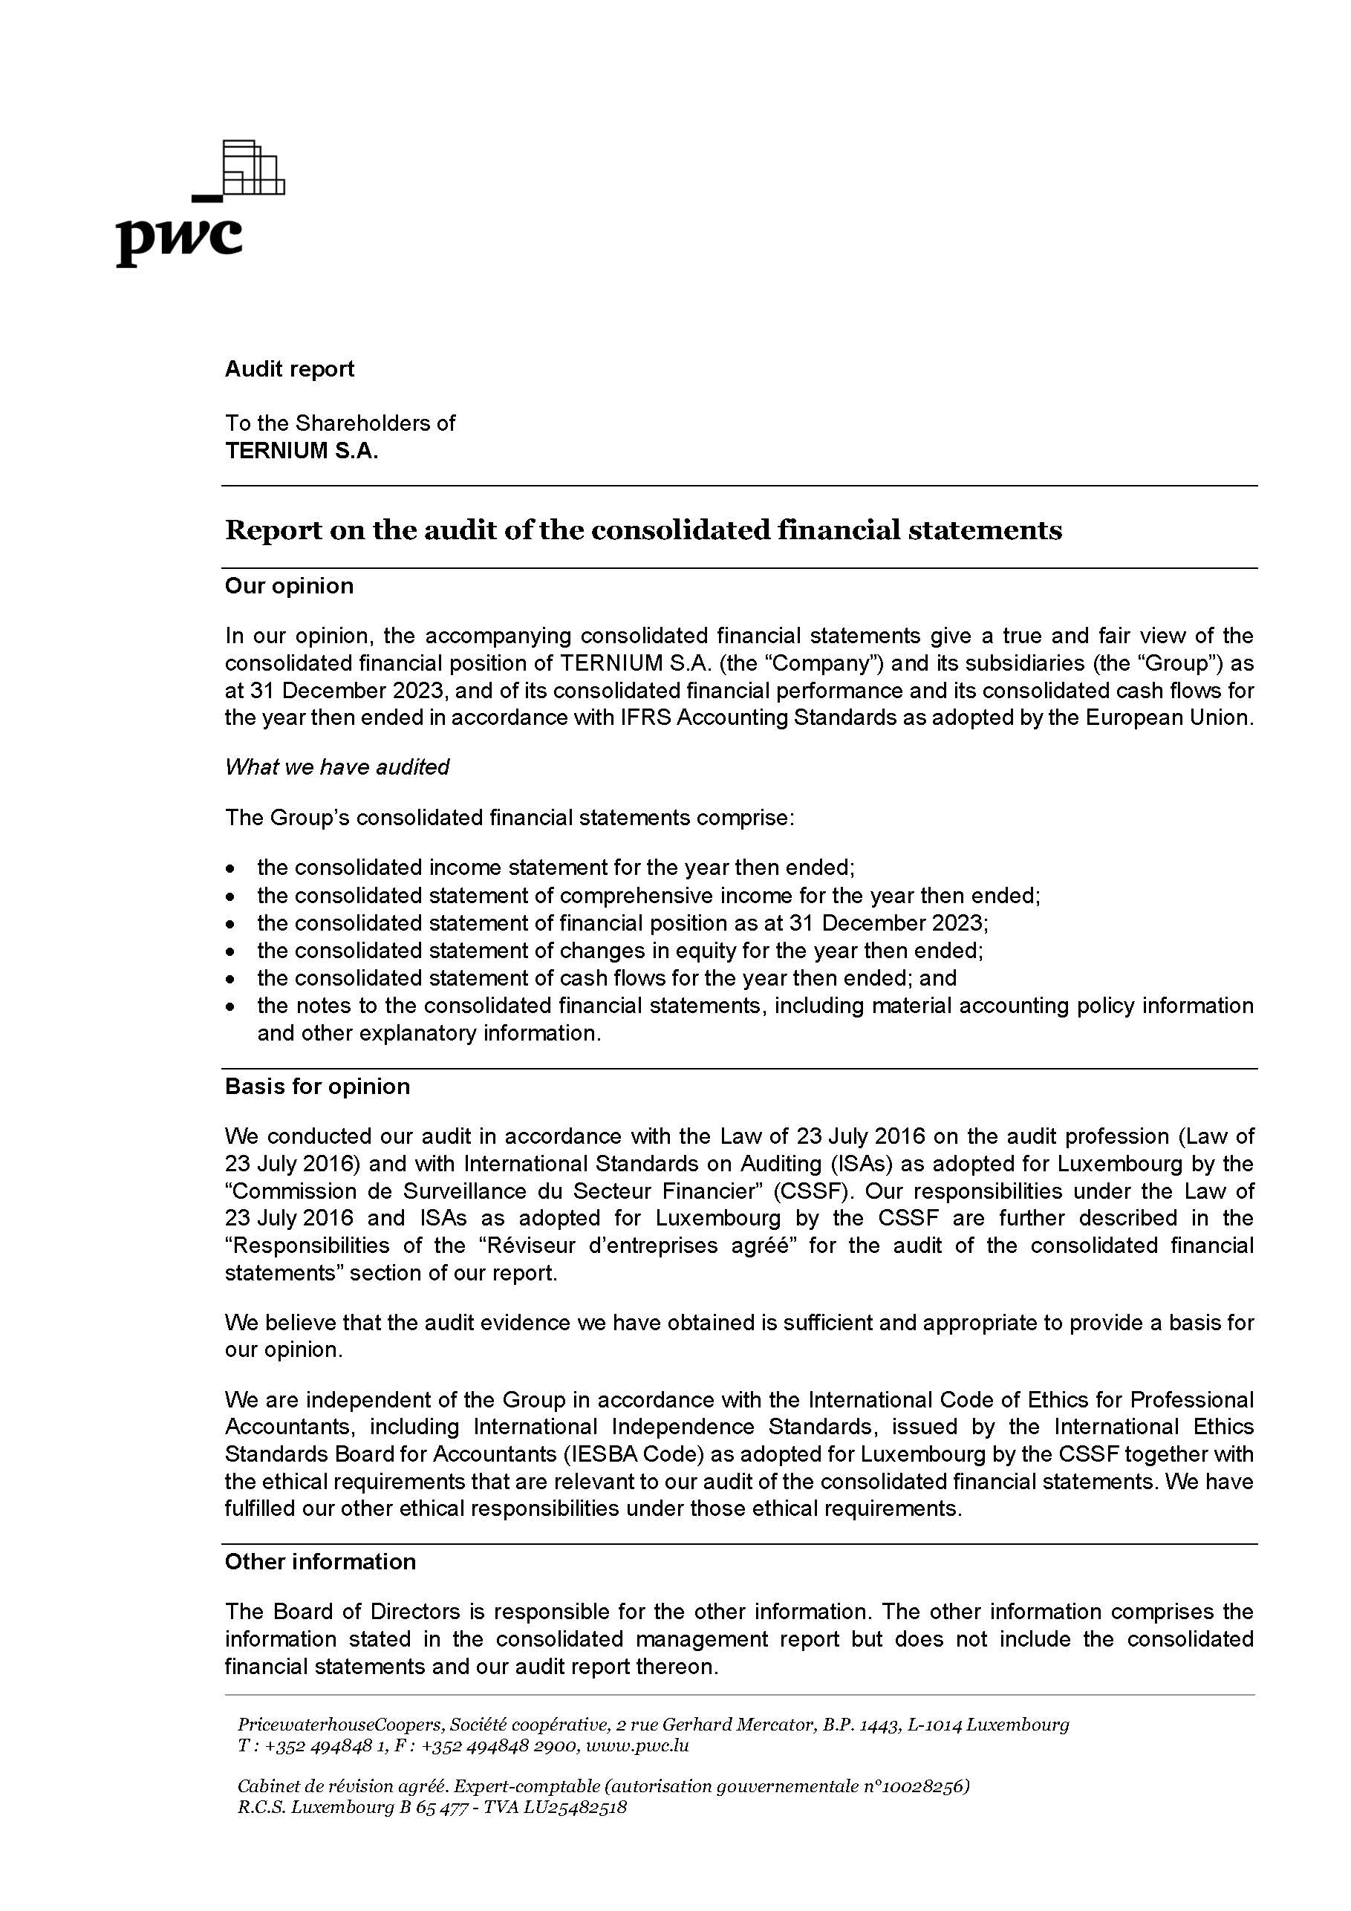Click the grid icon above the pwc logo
point(255,167)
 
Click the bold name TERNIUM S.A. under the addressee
point(302,451)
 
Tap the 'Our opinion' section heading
point(289,586)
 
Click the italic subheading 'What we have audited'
point(336,766)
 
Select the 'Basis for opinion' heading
point(317,1087)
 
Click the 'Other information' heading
point(319,1562)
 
